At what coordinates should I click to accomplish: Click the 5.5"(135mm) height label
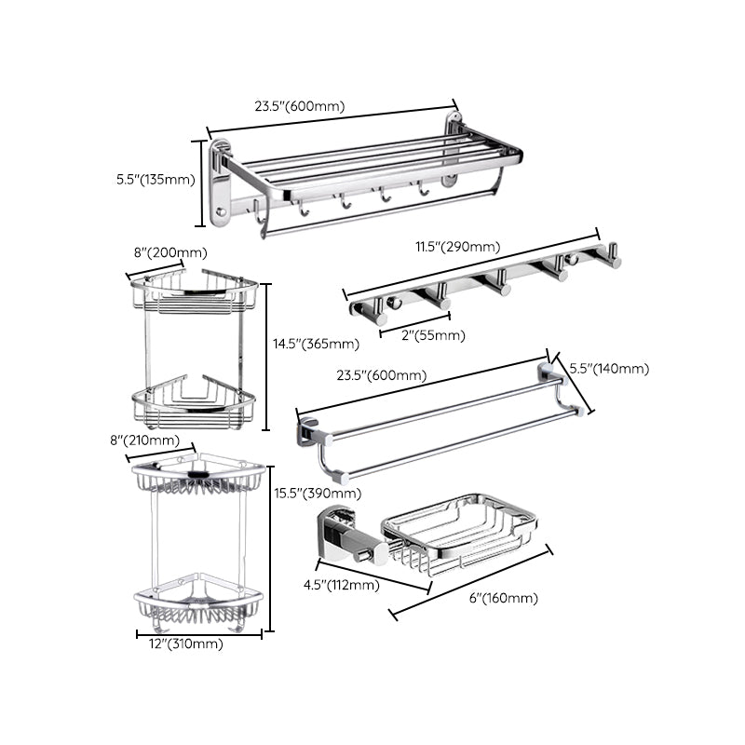[x=155, y=180]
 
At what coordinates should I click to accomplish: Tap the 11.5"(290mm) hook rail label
[x=457, y=248]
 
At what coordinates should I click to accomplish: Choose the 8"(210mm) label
[x=157, y=440]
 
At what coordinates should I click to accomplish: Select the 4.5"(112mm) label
[x=342, y=585]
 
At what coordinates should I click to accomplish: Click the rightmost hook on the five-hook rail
[x=607, y=255]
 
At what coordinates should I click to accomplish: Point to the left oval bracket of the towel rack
[x=220, y=183]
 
